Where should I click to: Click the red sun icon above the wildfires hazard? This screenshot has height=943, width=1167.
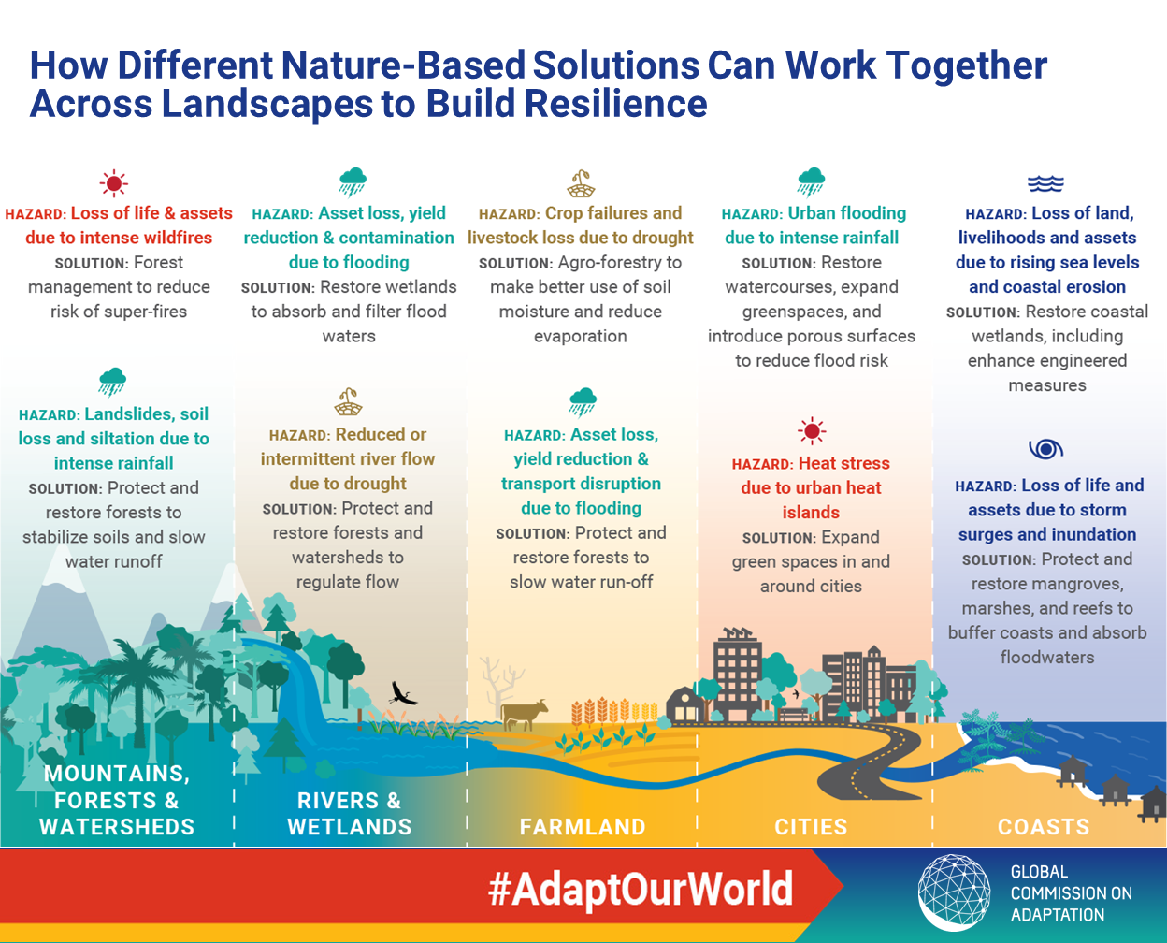click(x=114, y=183)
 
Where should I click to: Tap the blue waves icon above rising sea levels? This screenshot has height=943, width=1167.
click(x=1046, y=184)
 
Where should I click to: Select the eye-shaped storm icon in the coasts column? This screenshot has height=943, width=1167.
click(x=1046, y=449)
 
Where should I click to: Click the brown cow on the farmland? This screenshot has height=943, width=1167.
click(x=524, y=714)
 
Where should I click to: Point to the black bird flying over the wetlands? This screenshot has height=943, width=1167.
click(x=403, y=693)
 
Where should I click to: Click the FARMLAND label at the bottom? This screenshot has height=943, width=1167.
click(x=583, y=827)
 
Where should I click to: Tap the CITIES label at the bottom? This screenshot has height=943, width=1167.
click(x=811, y=827)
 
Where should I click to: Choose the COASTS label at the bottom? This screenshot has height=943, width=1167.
click(x=1044, y=827)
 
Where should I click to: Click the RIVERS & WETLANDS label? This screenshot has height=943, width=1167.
click(x=350, y=814)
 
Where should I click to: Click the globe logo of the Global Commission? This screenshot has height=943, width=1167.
click(x=954, y=892)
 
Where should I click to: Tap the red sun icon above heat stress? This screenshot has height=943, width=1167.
click(x=812, y=431)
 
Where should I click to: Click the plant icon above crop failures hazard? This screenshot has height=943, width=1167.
click(x=581, y=183)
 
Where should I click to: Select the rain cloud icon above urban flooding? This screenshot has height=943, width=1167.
click(x=812, y=181)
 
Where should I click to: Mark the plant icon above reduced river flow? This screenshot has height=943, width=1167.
click(x=348, y=402)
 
